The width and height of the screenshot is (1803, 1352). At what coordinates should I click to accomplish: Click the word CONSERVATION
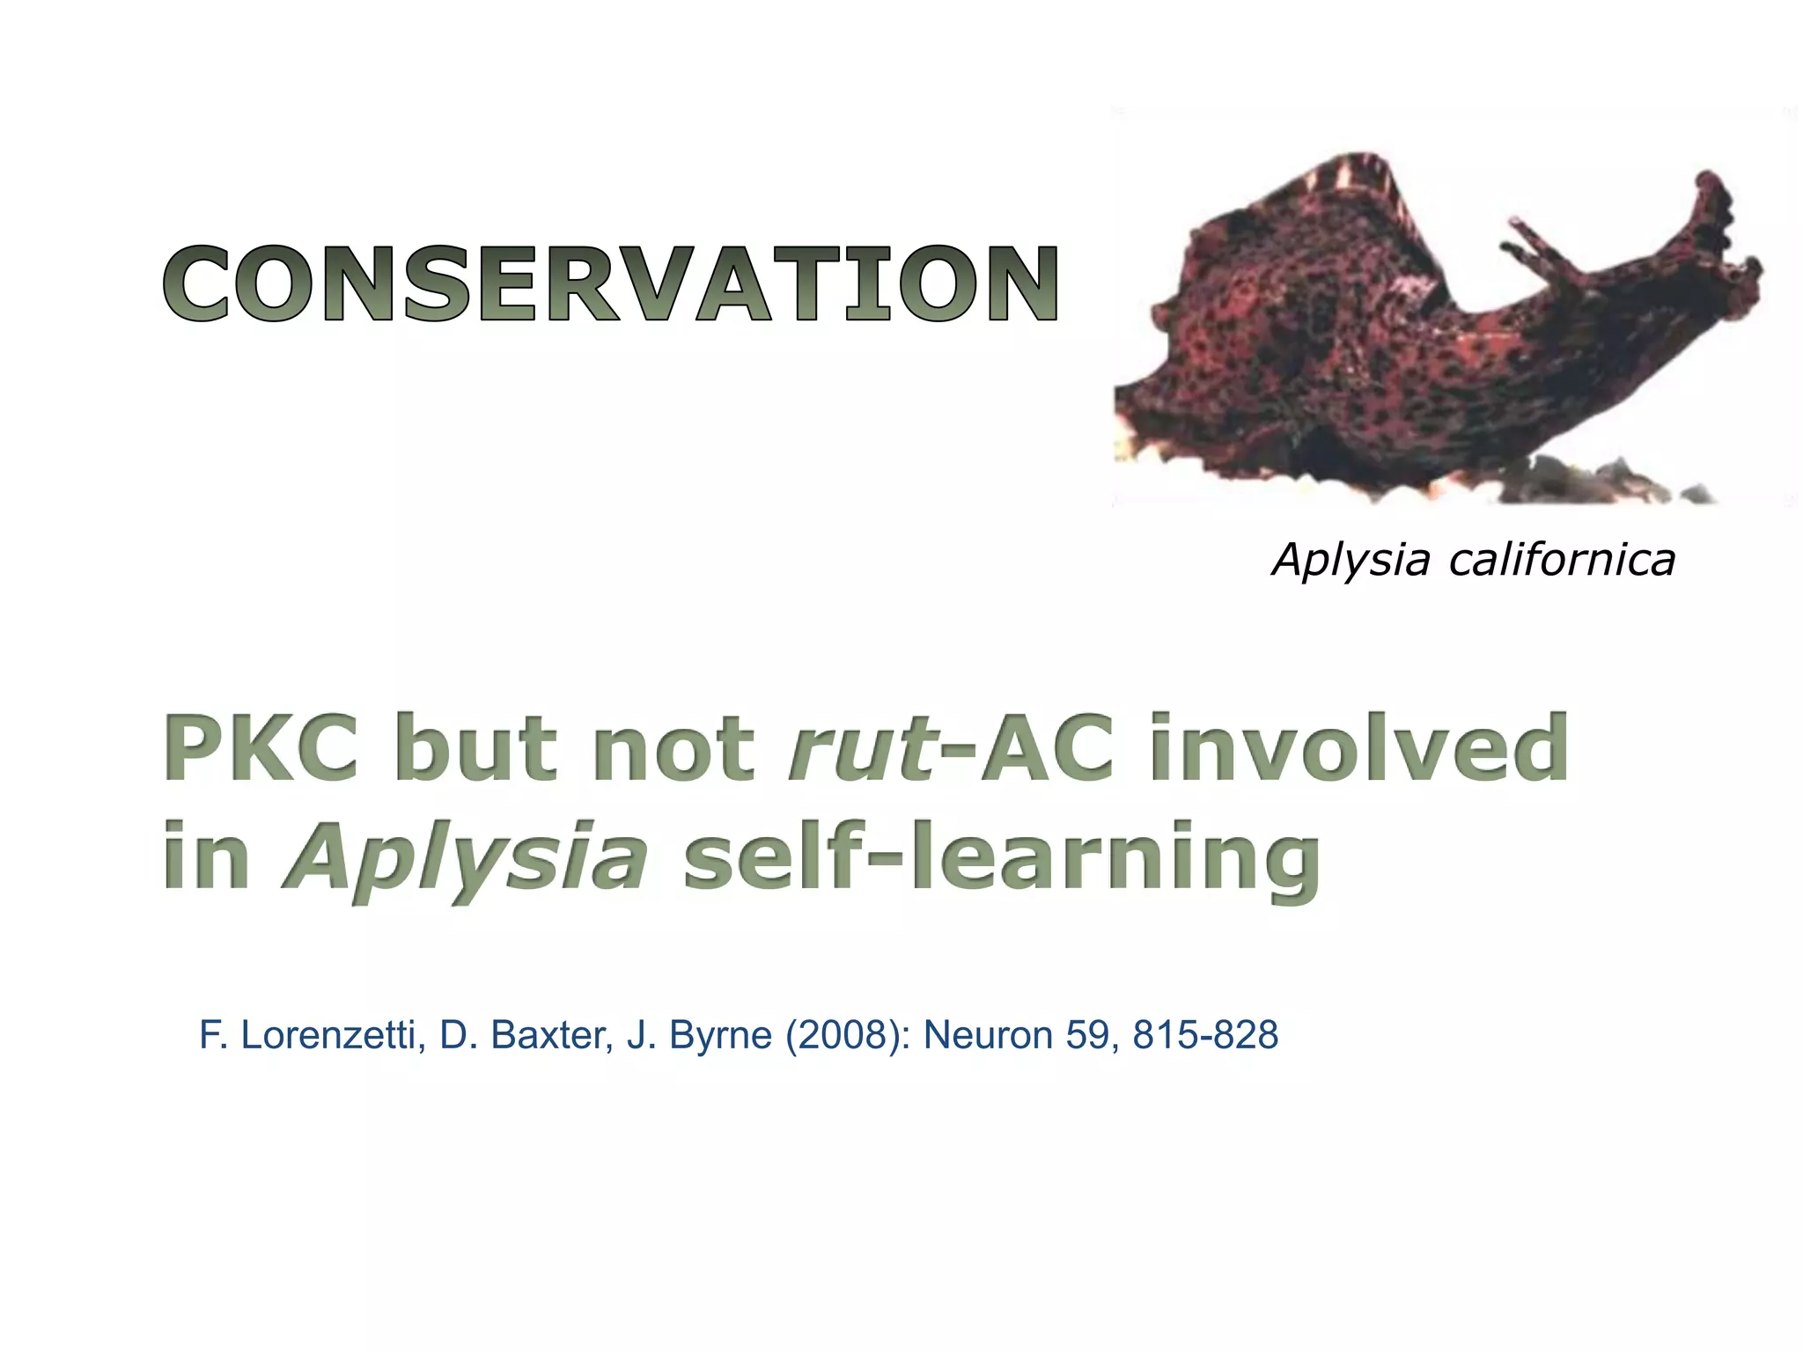pos(611,283)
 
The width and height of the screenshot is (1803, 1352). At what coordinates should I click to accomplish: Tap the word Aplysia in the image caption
pos(1351,560)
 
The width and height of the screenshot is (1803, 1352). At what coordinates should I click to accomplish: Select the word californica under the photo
pos(1562,560)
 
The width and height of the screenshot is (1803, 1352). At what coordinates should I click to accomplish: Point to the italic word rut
pos(860,750)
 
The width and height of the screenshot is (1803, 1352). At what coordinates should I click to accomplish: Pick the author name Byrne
pos(720,1035)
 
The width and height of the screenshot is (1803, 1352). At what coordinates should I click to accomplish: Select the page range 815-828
pos(1205,1035)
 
